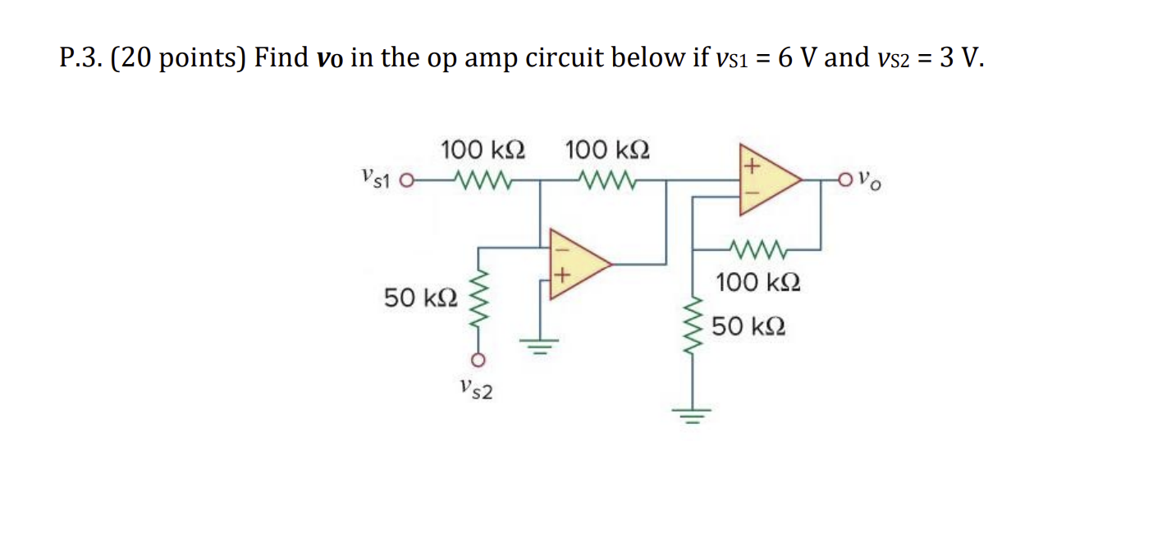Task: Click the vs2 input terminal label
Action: pyautogui.click(x=476, y=389)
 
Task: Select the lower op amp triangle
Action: pyautogui.click(x=578, y=263)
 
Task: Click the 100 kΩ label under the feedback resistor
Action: pyautogui.click(x=757, y=284)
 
